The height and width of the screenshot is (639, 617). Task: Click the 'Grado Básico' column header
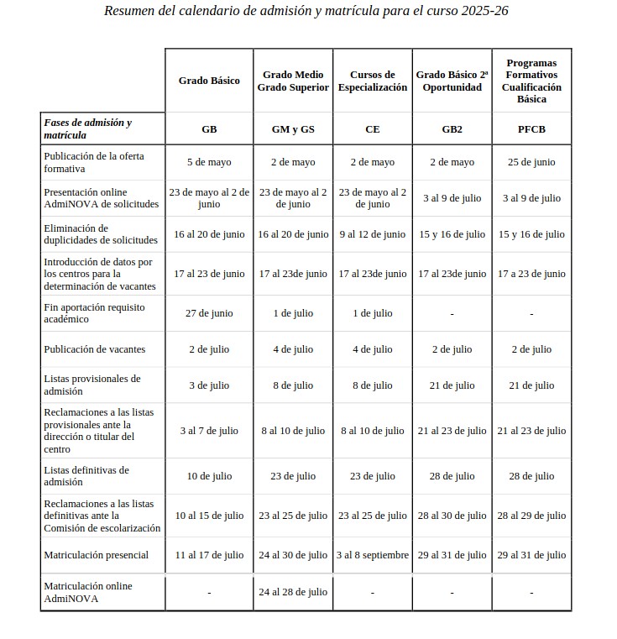pos(209,81)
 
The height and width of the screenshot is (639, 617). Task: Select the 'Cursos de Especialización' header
pos(372,81)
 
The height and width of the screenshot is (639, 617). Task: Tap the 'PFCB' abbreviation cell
pos(531,129)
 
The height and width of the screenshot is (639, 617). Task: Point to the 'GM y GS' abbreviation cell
pos(293,129)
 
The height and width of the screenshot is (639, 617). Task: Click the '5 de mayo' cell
pos(209,162)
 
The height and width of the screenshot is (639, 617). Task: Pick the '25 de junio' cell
pos(531,162)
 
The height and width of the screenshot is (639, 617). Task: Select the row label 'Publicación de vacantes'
pos(94,349)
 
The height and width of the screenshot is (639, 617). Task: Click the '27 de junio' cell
pos(209,313)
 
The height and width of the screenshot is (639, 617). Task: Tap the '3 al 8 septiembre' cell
pos(372,555)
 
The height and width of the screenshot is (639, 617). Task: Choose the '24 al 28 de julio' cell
pos(293,592)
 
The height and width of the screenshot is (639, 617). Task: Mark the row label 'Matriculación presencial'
pos(96,555)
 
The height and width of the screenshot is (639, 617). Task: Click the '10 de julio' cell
pos(209,476)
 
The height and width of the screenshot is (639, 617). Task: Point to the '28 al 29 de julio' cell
pos(531,516)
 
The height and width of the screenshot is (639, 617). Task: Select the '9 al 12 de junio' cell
pos(372,234)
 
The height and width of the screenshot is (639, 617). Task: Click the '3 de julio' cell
pos(209,385)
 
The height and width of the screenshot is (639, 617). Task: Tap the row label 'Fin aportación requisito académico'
pos(94,313)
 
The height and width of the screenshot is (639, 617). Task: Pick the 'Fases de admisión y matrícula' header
pos(87,129)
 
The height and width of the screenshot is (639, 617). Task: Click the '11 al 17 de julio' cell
pos(209,555)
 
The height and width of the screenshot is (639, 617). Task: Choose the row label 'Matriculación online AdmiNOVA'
pos(87,592)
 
